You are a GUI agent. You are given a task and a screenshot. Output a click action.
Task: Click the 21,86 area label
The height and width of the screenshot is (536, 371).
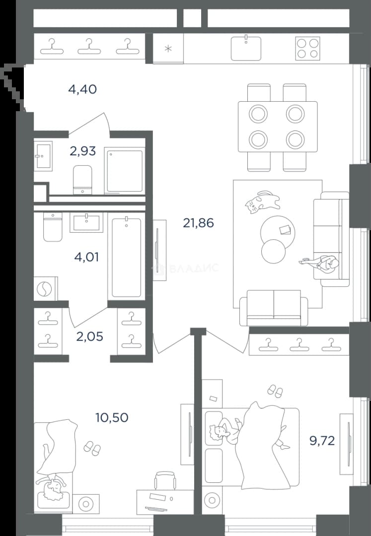click(198, 223)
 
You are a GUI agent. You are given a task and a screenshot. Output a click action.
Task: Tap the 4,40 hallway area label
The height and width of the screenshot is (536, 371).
click(82, 89)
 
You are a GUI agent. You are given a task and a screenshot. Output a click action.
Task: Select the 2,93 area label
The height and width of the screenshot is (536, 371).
click(82, 151)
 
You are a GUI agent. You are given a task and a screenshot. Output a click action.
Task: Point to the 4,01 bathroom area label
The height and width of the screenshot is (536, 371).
click(86, 257)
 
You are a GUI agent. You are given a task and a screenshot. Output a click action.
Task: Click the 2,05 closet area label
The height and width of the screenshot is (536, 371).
click(89, 336)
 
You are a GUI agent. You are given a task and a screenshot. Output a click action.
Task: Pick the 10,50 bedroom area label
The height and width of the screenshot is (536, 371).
click(112, 417)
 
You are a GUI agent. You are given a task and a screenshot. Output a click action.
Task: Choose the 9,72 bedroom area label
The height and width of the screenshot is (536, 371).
click(322, 441)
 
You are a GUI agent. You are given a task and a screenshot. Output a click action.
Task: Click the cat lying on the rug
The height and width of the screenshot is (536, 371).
click(262, 202)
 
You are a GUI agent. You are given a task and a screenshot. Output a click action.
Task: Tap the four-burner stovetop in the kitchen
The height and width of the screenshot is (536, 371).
click(308, 49)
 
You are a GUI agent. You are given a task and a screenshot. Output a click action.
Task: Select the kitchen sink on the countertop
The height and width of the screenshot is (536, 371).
click(246, 48)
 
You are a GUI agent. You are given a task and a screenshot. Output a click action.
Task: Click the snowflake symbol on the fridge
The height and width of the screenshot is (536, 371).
click(168, 49)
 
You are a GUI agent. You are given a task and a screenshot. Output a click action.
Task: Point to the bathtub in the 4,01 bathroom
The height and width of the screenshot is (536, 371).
click(127, 257)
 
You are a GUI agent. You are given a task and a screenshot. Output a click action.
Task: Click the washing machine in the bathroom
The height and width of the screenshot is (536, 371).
click(46, 289)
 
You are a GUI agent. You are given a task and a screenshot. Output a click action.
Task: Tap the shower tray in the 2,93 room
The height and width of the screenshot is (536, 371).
click(124, 171)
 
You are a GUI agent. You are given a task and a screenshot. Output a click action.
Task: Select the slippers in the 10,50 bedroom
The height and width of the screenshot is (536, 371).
click(92, 448)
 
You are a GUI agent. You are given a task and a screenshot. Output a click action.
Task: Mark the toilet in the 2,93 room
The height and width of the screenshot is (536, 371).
click(82, 180)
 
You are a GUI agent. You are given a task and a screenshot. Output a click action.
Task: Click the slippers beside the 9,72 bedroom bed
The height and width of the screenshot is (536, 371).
click(275, 391)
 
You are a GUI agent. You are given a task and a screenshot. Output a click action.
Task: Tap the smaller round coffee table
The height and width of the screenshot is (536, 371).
click(273, 251)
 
